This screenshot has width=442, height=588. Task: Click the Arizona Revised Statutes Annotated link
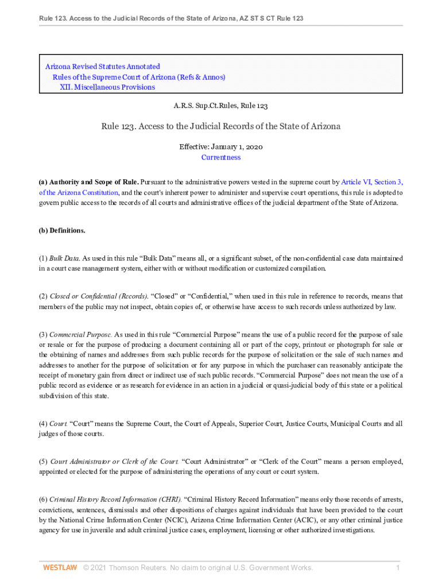point(102,67)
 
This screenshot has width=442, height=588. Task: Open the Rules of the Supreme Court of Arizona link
point(138,77)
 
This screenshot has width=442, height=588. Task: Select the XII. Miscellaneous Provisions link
point(107,87)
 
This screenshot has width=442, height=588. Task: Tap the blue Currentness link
point(220,157)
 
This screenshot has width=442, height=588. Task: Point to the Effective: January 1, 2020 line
point(221,147)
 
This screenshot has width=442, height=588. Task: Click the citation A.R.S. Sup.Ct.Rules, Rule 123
point(221,106)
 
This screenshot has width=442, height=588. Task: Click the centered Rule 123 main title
point(221,126)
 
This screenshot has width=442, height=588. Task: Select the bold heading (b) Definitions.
point(62,231)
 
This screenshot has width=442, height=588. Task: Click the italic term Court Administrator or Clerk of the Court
point(114,461)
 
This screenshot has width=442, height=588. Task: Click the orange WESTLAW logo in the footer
point(60,568)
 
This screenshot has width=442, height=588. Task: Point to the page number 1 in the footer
point(397,568)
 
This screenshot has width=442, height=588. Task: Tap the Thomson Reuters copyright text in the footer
point(198,568)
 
